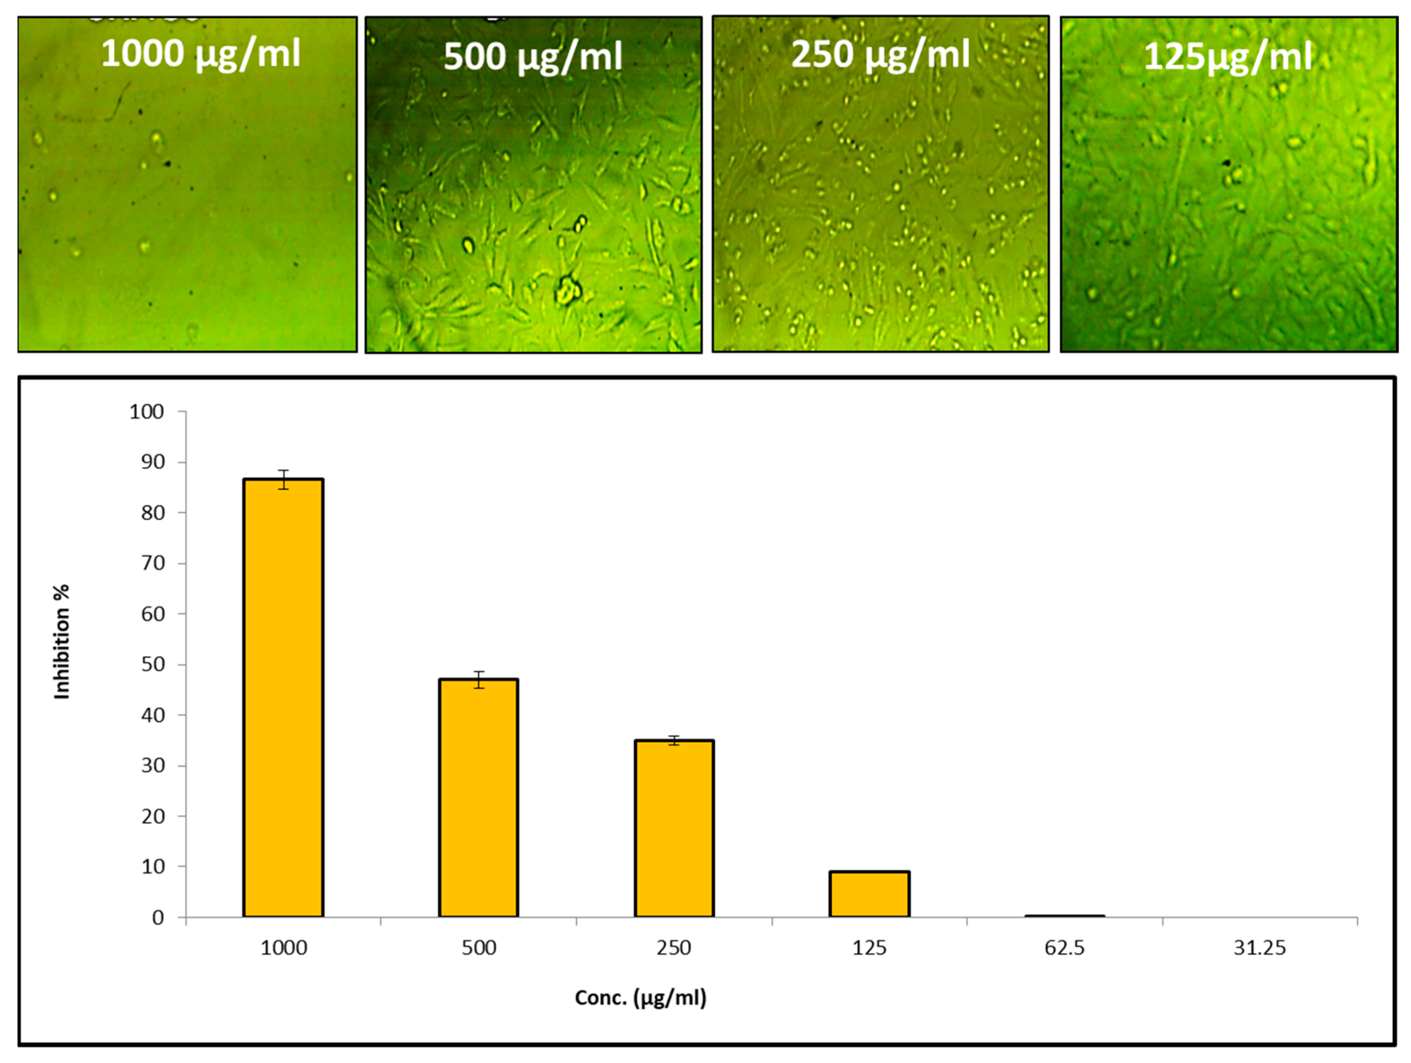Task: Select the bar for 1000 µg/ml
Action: pyautogui.click(x=283, y=698)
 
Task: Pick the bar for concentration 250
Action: pyautogui.click(x=674, y=828)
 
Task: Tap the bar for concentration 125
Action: pyautogui.click(x=869, y=894)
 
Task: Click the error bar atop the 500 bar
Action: pyautogui.click(x=479, y=680)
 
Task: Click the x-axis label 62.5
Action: pyautogui.click(x=1064, y=948)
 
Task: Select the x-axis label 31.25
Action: pyautogui.click(x=1260, y=948)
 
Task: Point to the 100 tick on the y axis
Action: pyautogui.click(x=147, y=412)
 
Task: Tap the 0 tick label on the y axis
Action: pyautogui.click(x=158, y=918)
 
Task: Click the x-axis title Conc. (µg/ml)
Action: pyautogui.click(x=641, y=998)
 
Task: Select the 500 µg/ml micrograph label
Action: pyautogui.click(x=532, y=57)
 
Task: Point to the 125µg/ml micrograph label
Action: pyautogui.click(x=1228, y=57)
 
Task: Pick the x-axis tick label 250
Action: pyautogui.click(x=674, y=948)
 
